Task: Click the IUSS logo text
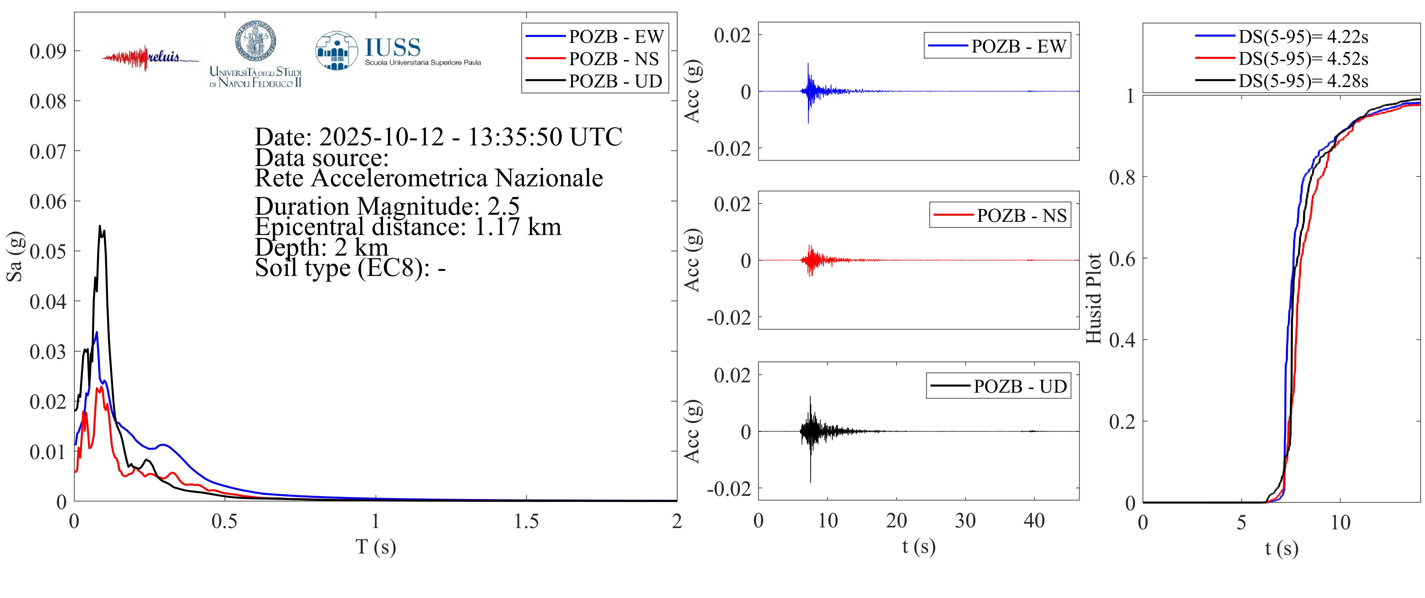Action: (393, 47)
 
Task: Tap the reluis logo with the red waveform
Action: (149, 57)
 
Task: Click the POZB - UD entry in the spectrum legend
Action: (615, 81)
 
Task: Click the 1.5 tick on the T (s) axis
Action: (526, 521)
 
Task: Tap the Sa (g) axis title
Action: (15, 256)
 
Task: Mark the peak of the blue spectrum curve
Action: (97, 332)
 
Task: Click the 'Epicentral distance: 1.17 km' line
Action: (408, 227)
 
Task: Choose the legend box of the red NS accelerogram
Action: (1000, 215)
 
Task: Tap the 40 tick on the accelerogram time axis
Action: (1034, 521)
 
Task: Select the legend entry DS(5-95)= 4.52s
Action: (1302, 59)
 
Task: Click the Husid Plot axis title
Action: (1094, 299)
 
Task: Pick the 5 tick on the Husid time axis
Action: (1241, 522)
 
